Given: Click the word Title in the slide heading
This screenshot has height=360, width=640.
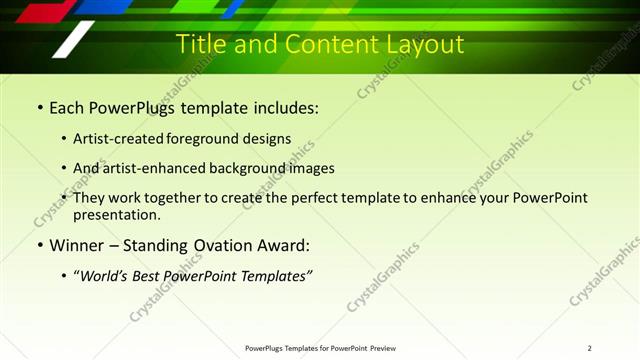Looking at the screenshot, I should coord(200,44).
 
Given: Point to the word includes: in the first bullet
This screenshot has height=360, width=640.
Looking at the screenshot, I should coord(284,107).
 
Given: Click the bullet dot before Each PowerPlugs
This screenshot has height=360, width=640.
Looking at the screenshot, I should coord(39,107).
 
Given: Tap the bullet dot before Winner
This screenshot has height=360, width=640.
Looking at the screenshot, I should coord(39,245).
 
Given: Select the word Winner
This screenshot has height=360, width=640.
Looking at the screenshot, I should coord(78,245).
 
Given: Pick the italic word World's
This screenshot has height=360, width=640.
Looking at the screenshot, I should coord(105,276).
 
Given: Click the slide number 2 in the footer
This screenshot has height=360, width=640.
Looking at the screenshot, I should coord(589,348).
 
